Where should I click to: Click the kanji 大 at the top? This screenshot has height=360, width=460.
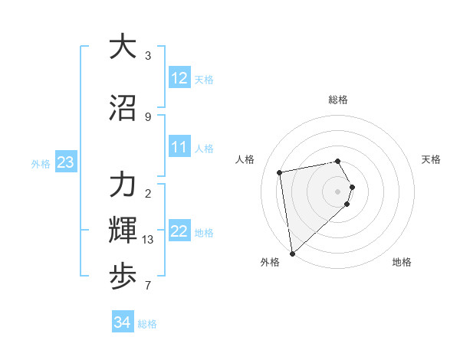(123, 47)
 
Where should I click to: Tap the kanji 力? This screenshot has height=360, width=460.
(123, 186)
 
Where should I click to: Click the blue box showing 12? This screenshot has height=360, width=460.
(179, 78)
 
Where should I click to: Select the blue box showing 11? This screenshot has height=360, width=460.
(179, 147)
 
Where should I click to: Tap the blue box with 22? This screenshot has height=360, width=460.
(179, 232)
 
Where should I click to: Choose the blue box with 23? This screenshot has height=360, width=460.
(65, 162)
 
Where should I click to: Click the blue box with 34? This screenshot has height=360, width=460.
(122, 323)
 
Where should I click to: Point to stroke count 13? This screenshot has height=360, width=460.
(148, 240)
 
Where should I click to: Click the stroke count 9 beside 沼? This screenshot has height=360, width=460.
(148, 117)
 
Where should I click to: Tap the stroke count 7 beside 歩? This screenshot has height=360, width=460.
(148, 286)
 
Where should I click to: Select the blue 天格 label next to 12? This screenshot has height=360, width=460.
(204, 79)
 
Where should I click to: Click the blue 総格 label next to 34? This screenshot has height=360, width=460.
(147, 324)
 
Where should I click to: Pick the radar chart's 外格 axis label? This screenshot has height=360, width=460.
(270, 262)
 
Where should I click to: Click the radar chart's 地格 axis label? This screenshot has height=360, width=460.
(402, 262)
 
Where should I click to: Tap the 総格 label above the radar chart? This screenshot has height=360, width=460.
(338, 100)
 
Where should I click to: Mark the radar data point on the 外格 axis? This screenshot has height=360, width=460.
(292, 253)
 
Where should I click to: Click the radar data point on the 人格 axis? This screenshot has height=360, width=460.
(280, 172)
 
